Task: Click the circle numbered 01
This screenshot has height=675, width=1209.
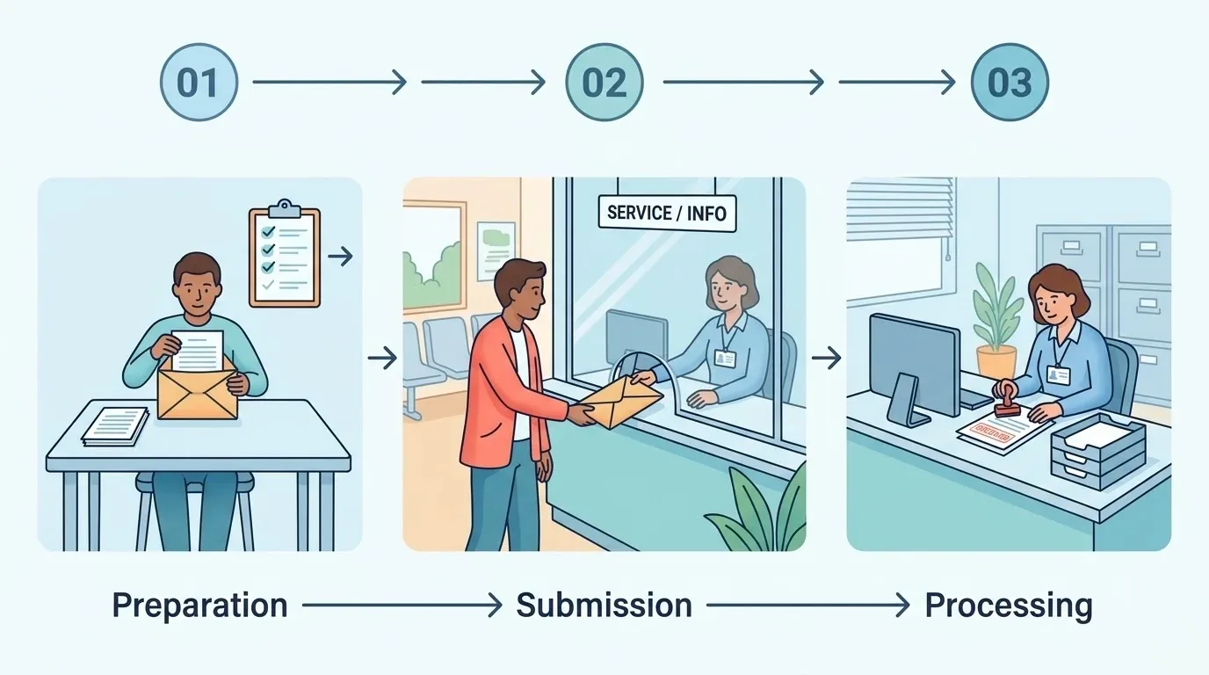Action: tap(199, 82)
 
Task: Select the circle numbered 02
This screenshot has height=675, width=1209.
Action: tap(604, 82)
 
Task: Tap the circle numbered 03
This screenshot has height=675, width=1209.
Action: tap(1010, 82)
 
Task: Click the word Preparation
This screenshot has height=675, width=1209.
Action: tap(199, 606)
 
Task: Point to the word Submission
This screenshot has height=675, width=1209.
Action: tap(604, 605)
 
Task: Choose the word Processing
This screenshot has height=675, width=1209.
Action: tap(1009, 606)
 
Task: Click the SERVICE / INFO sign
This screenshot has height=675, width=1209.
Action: tap(667, 214)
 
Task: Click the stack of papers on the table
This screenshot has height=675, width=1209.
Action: tap(115, 426)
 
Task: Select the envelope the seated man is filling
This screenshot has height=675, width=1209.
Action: tap(198, 391)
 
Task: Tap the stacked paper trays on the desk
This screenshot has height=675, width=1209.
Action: tap(1098, 451)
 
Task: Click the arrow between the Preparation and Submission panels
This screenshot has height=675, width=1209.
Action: tap(383, 358)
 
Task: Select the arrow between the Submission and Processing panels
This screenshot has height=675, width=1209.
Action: tap(826, 358)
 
